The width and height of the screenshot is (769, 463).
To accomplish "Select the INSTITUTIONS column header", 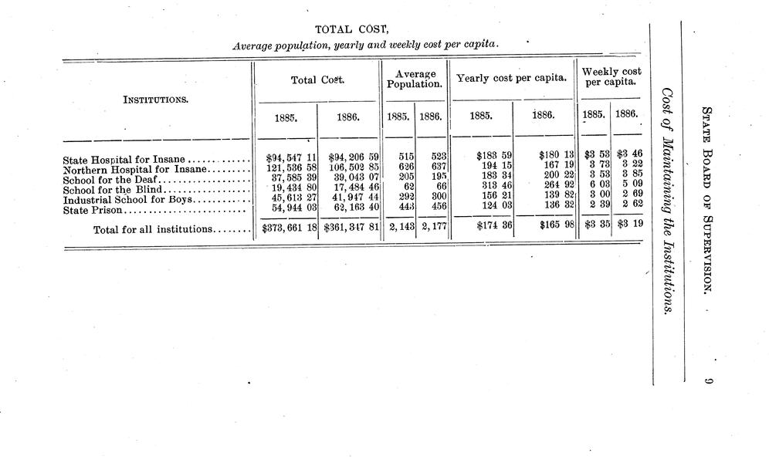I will tap(158, 100).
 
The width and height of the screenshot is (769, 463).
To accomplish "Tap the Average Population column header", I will tap(415, 79).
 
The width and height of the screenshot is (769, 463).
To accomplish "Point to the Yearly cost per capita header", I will tap(512, 79).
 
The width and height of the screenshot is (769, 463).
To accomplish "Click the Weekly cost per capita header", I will tap(611, 76).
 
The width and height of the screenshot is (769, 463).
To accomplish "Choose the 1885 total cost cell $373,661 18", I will tap(286, 229).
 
